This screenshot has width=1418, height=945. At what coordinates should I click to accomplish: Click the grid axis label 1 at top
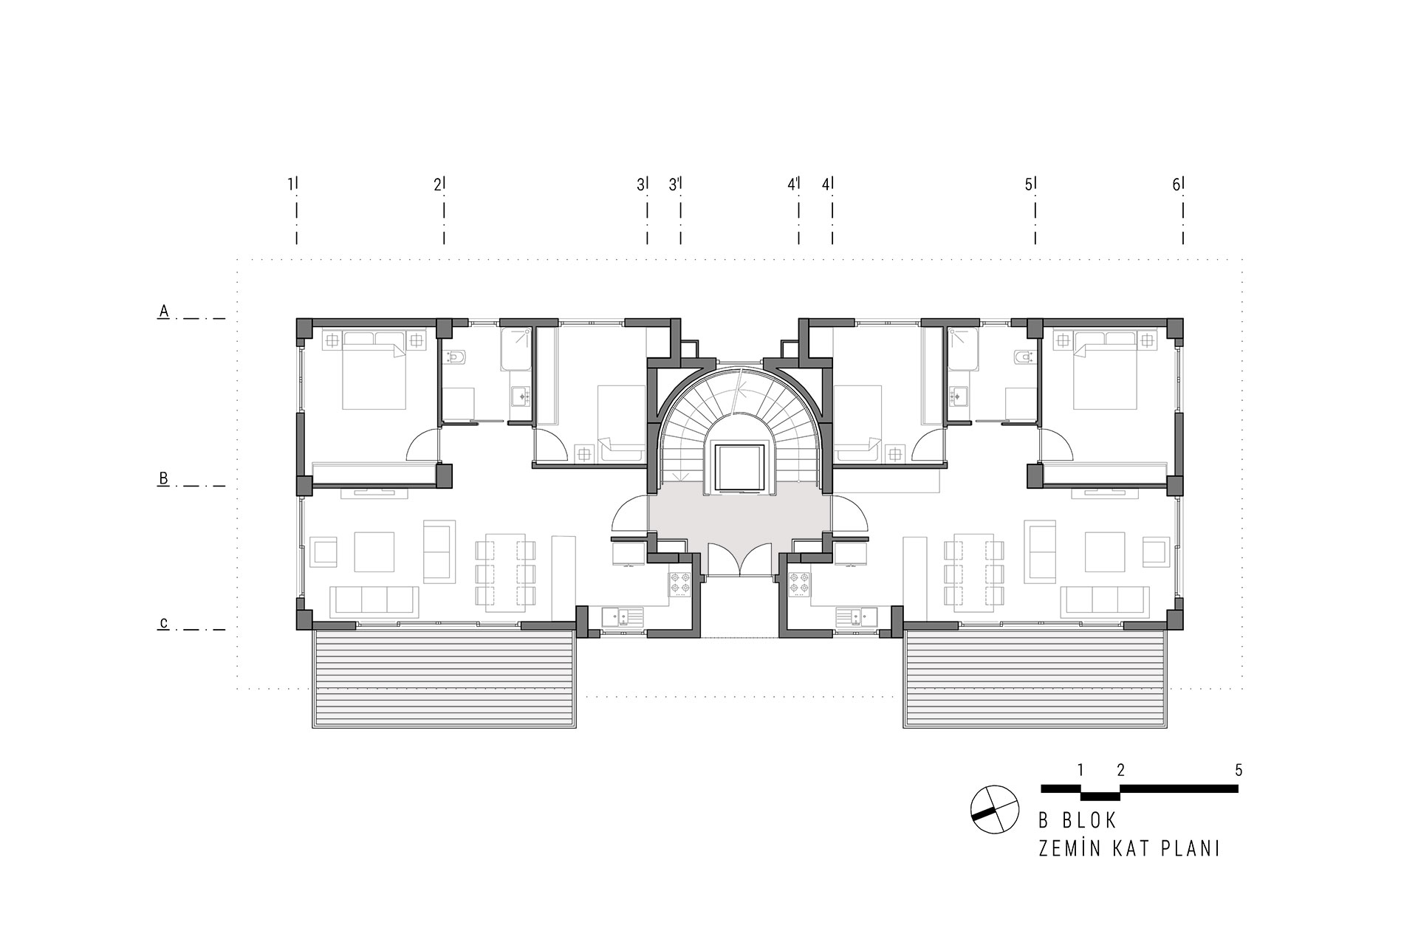[290, 185]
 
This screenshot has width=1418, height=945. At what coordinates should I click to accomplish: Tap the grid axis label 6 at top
[1176, 185]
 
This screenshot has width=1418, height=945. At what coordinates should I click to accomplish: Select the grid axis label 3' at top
[674, 185]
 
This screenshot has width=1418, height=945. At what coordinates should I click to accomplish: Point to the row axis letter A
[164, 312]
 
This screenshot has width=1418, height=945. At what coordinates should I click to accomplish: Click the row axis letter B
[164, 478]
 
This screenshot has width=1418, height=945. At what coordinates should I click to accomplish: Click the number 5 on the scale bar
[1239, 770]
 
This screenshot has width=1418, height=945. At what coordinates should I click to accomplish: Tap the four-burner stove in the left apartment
[679, 583]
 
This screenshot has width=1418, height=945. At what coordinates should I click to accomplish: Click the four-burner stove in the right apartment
[798, 583]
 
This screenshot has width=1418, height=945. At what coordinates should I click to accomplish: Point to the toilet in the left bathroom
[456, 357]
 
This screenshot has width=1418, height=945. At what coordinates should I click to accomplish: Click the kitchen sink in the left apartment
[623, 614]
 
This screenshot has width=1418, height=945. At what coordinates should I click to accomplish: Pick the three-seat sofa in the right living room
[1105, 602]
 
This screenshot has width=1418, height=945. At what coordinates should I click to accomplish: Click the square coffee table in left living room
[374, 552]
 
